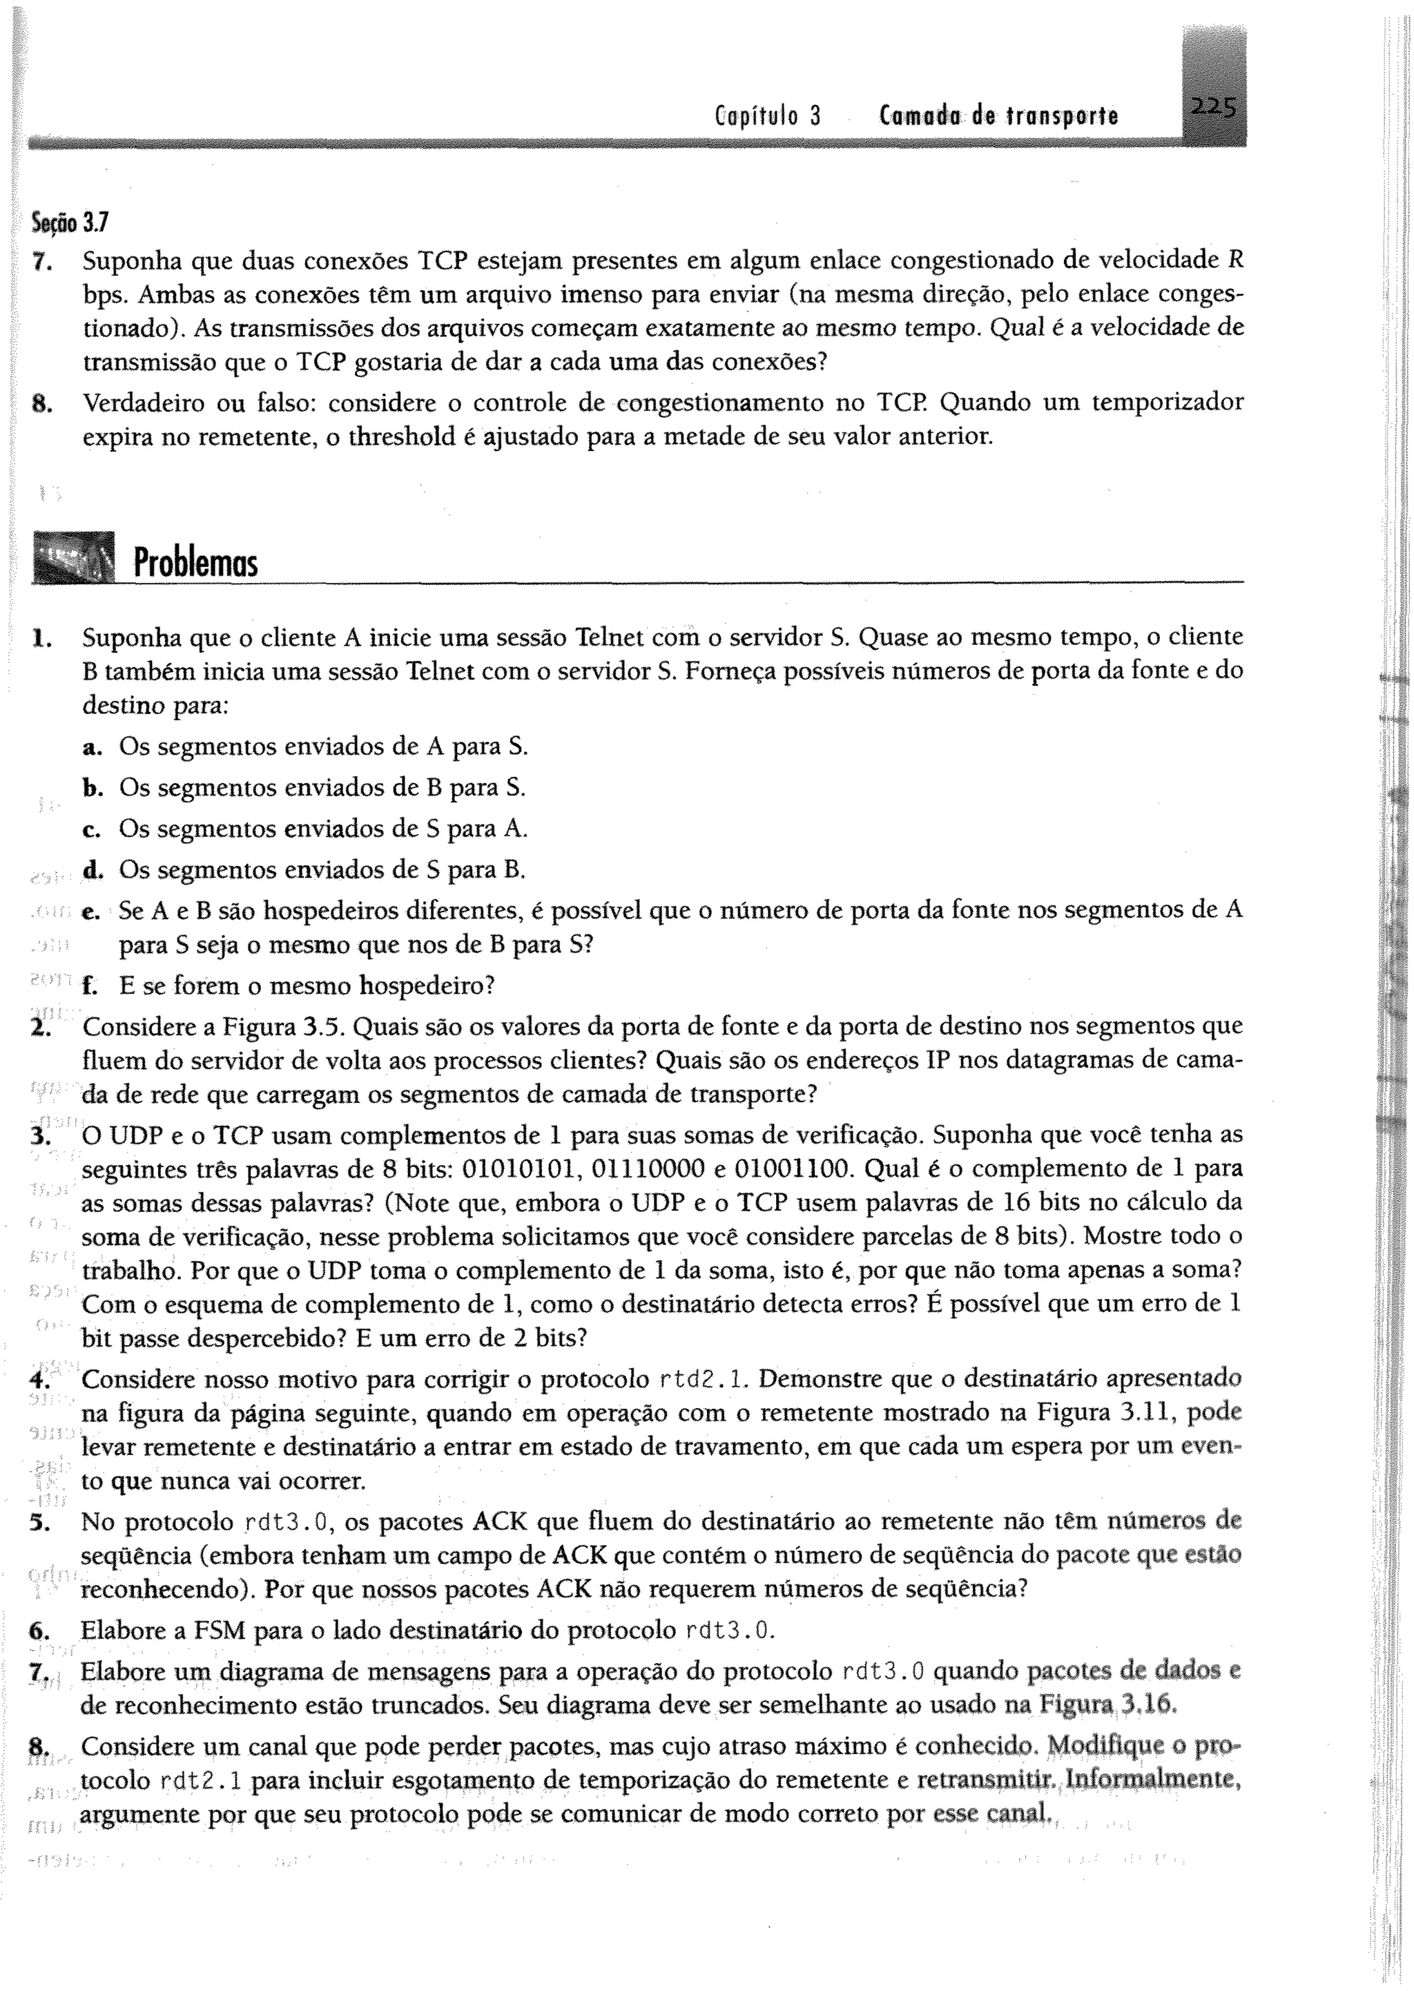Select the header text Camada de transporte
pyautogui.click(x=998, y=116)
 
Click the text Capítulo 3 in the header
pyautogui.click(x=767, y=116)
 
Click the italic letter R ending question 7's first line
pyautogui.click(x=1234, y=260)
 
